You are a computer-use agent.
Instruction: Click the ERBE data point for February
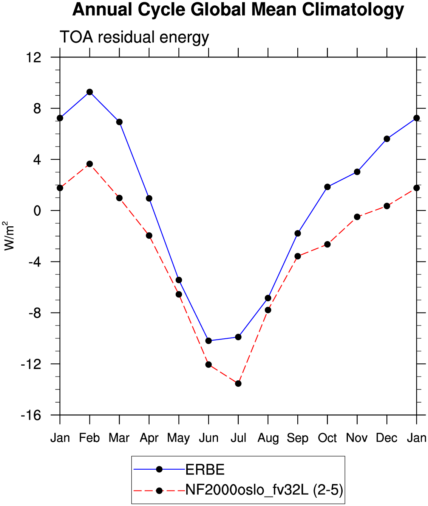(x=90, y=92)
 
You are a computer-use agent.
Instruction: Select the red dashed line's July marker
(x=238, y=384)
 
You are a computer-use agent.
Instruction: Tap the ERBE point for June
(x=209, y=341)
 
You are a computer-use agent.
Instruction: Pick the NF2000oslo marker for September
(x=298, y=256)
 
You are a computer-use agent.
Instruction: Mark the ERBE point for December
(x=387, y=139)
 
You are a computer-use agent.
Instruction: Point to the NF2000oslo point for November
(x=357, y=217)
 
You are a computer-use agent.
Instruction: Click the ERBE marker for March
(x=119, y=122)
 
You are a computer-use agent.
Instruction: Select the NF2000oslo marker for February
(x=90, y=164)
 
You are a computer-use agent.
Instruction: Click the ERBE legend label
(x=205, y=470)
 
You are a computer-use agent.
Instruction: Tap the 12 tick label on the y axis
(x=34, y=58)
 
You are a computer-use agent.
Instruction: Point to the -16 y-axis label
(x=31, y=415)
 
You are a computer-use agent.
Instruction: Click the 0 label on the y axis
(x=37, y=211)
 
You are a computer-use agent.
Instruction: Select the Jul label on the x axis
(x=238, y=438)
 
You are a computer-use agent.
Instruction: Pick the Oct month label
(x=328, y=438)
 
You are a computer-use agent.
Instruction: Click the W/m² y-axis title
(x=9, y=236)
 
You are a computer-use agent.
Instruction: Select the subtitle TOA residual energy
(x=134, y=37)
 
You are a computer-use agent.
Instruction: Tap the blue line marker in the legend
(x=159, y=469)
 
